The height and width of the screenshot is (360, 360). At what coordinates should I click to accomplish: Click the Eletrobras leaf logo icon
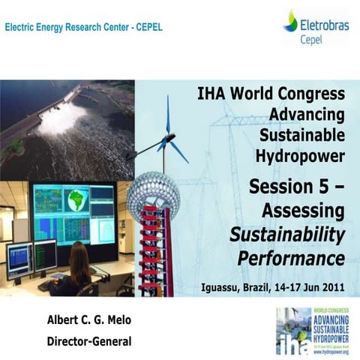pos(290,20)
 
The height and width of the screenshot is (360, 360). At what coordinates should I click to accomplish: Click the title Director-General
pos(88,341)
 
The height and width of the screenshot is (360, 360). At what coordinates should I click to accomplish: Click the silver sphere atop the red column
pos(153,194)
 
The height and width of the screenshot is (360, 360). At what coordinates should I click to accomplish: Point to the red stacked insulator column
pos(153,255)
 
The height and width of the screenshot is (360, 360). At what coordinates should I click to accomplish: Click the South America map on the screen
pos(75,201)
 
